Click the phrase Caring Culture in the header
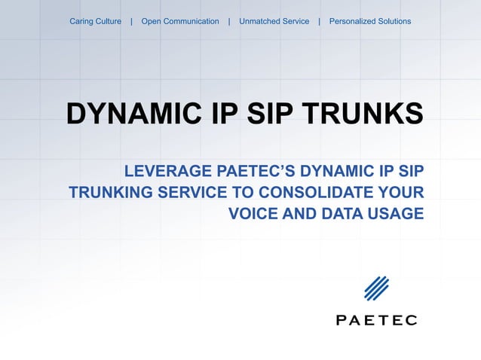[x=95, y=21]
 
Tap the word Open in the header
[x=152, y=21]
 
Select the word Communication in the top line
[x=191, y=21]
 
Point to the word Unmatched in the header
[x=259, y=21]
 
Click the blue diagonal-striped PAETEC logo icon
[x=376, y=288]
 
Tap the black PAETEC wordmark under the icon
[x=376, y=320]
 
